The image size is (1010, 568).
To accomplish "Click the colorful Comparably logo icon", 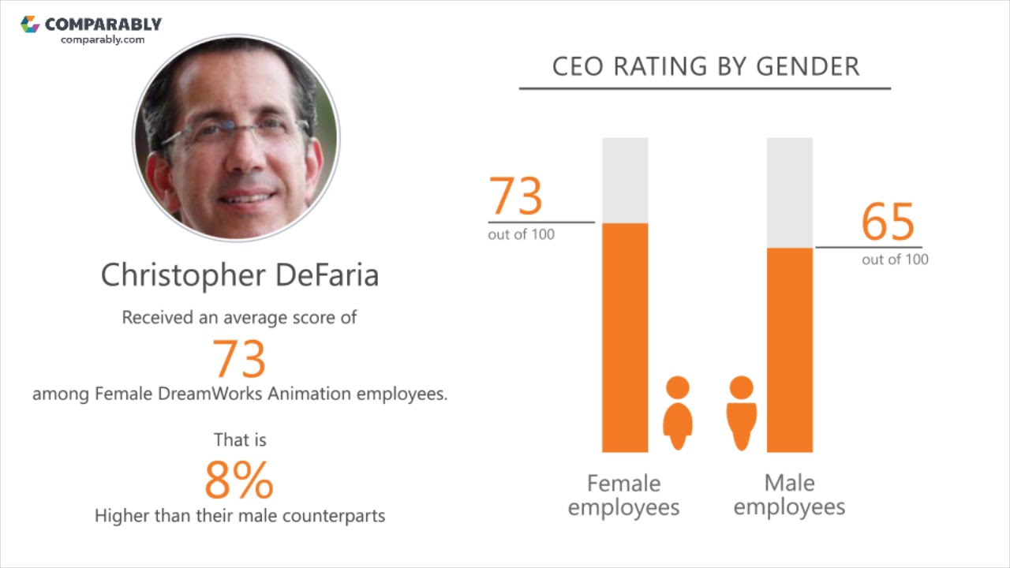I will pos(30,24).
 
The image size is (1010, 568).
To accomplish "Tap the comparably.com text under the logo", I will pos(103,39).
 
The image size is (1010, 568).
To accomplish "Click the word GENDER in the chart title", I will pos(807,66).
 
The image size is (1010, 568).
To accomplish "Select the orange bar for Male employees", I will pos(789,350).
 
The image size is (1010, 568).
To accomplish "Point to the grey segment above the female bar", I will pos(625,180).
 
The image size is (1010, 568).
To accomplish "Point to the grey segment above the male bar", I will pos(789,192).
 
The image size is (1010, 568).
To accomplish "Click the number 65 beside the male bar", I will pos(888,222).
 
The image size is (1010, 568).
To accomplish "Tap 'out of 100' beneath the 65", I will pos(895,260).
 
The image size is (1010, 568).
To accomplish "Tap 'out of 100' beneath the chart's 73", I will pos(521,234).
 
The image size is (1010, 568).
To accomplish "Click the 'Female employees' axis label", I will pos(623,495).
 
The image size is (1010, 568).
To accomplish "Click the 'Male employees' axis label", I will pos(789,495).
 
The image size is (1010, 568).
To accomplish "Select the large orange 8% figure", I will pos(239,480).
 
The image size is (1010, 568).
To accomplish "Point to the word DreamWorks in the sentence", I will pos(211,394).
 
